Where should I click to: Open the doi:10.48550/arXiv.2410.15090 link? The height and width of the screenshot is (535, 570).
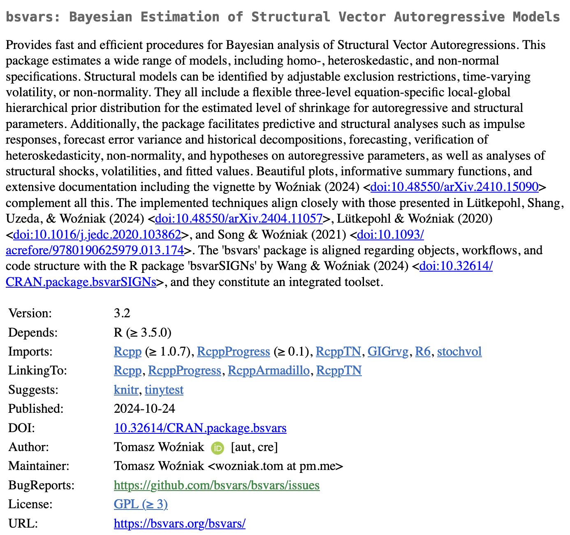click(x=454, y=187)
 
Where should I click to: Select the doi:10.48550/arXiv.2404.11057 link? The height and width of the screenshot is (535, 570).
click(x=239, y=219)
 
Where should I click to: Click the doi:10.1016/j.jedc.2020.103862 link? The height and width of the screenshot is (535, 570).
click(x=97, y=235)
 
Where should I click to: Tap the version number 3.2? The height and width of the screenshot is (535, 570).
click(x=122, y=313)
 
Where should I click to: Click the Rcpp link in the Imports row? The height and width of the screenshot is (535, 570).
click(x=127, y=351)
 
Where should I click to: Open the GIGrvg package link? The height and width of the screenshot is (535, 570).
click(x=388, y=351)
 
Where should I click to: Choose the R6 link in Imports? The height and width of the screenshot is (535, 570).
click(x=423, y=351)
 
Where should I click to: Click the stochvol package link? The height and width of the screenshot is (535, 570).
click(x=459, y=351)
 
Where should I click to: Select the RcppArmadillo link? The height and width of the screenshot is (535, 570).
click(x=269, y=370)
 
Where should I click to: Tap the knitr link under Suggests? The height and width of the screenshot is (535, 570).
click(x=126, y=390)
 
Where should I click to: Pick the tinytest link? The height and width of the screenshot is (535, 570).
click(x=164, y=390)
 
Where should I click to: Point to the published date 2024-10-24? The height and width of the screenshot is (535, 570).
click(x=144, y=409)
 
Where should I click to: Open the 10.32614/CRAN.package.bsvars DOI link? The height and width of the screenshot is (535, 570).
click(x=200, y=428)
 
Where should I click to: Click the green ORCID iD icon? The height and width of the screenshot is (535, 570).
click(x=218, y=448)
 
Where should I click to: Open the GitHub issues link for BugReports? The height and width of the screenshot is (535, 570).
click(x=217, y=485)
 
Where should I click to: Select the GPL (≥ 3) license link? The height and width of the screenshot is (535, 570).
click(x=141, y=504)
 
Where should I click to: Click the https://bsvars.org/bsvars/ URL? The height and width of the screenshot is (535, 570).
click(x=180, y=523)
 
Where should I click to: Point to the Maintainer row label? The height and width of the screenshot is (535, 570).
click(x=39, y=466)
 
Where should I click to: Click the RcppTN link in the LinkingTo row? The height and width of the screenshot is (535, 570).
click(x=339, y=370)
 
